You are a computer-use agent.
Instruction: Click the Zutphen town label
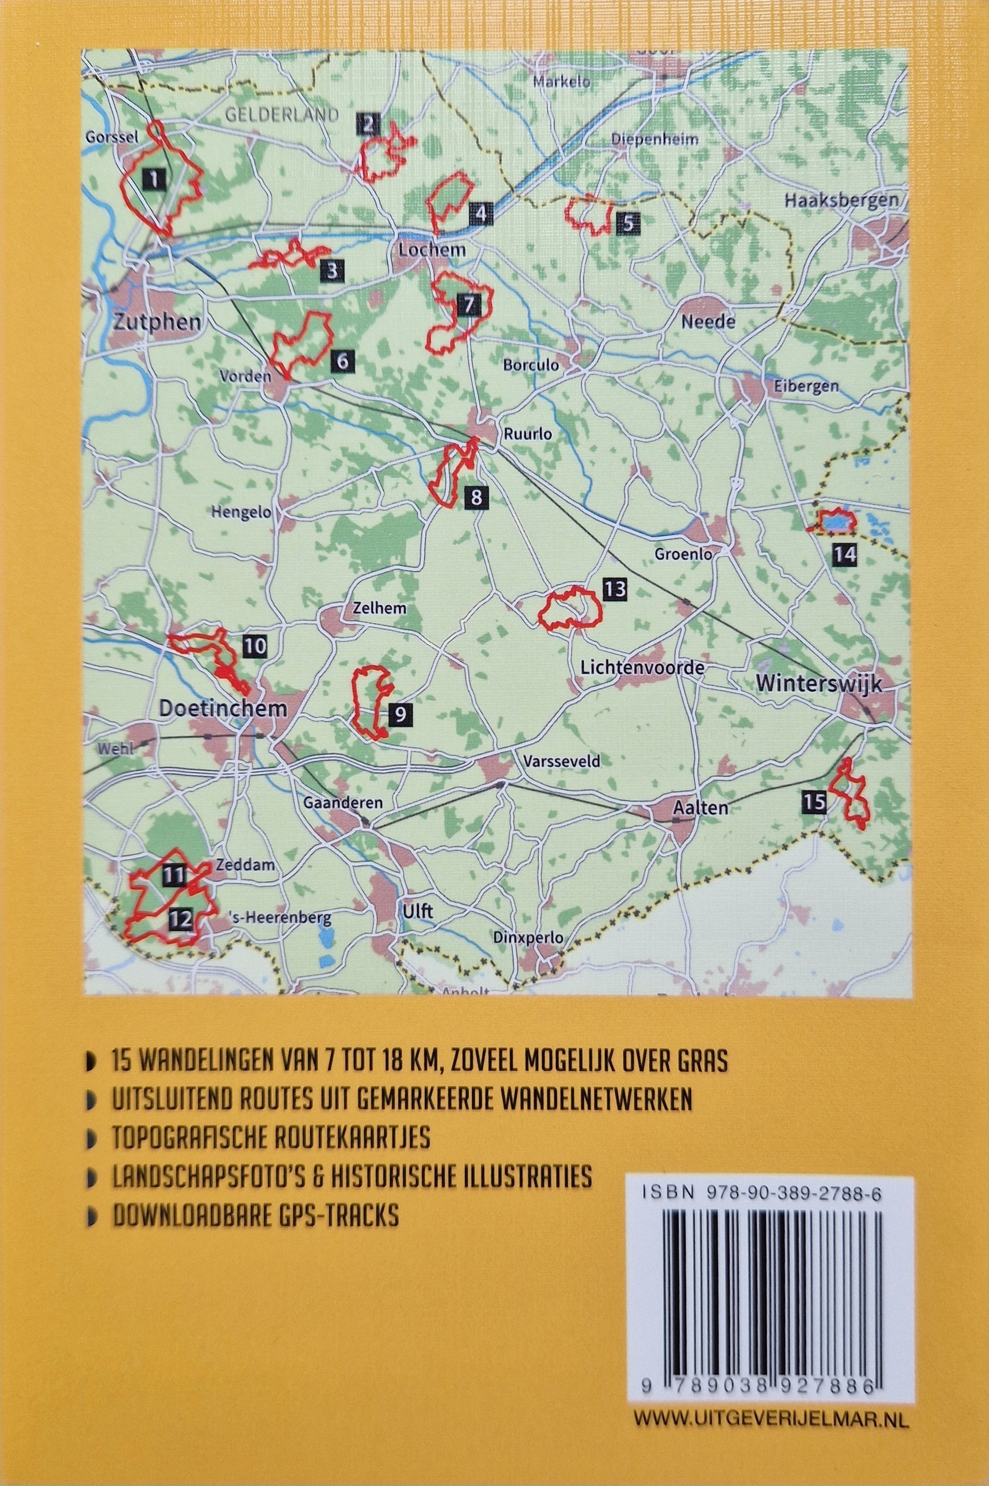[158, 322]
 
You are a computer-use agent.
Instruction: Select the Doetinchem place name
[223, 708]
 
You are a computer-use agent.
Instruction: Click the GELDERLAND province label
[281, 115]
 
